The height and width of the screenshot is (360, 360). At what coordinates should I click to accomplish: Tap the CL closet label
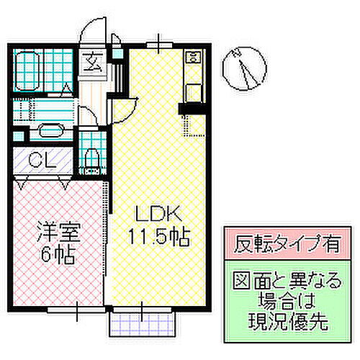pos(34,160)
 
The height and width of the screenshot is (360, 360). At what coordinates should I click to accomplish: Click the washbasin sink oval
pos(49,131)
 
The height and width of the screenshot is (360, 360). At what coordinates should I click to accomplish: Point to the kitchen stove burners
pos(192,58)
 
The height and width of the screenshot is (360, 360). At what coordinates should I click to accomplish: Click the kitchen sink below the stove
pos(192,89)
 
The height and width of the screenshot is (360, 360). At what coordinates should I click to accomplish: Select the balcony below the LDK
pos(141,326)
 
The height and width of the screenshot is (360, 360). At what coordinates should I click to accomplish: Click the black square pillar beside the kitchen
pos(188,108)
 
